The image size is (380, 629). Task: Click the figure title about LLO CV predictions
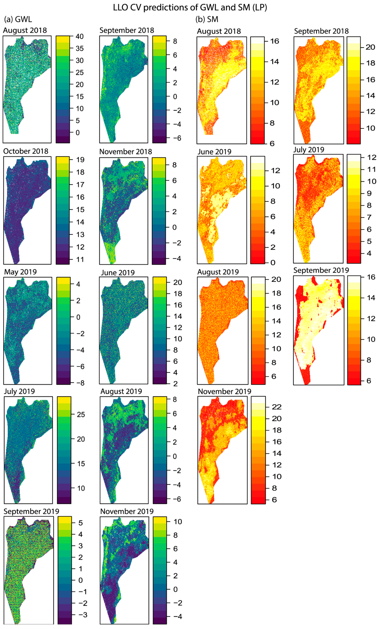coord(190,7)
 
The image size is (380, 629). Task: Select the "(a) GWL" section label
coord(18,19)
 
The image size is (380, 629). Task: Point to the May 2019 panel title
coord(20,272)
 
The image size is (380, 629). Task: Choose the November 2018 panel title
coord(125,152)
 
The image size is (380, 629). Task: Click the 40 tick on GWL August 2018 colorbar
coord(79,37)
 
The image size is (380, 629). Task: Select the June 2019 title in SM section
coord(214,152)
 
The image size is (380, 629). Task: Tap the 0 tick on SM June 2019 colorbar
coord(273,263)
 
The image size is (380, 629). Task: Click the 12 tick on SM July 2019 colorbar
coord(372,158)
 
